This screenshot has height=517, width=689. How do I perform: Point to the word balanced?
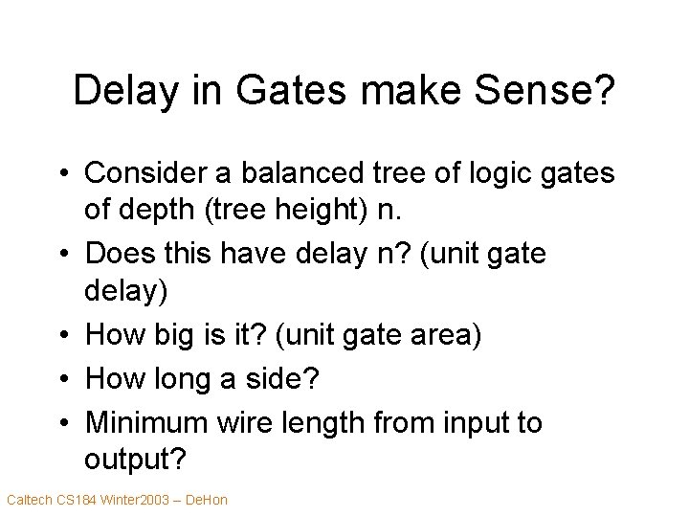pyautogui.click(x=286, y=173)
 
